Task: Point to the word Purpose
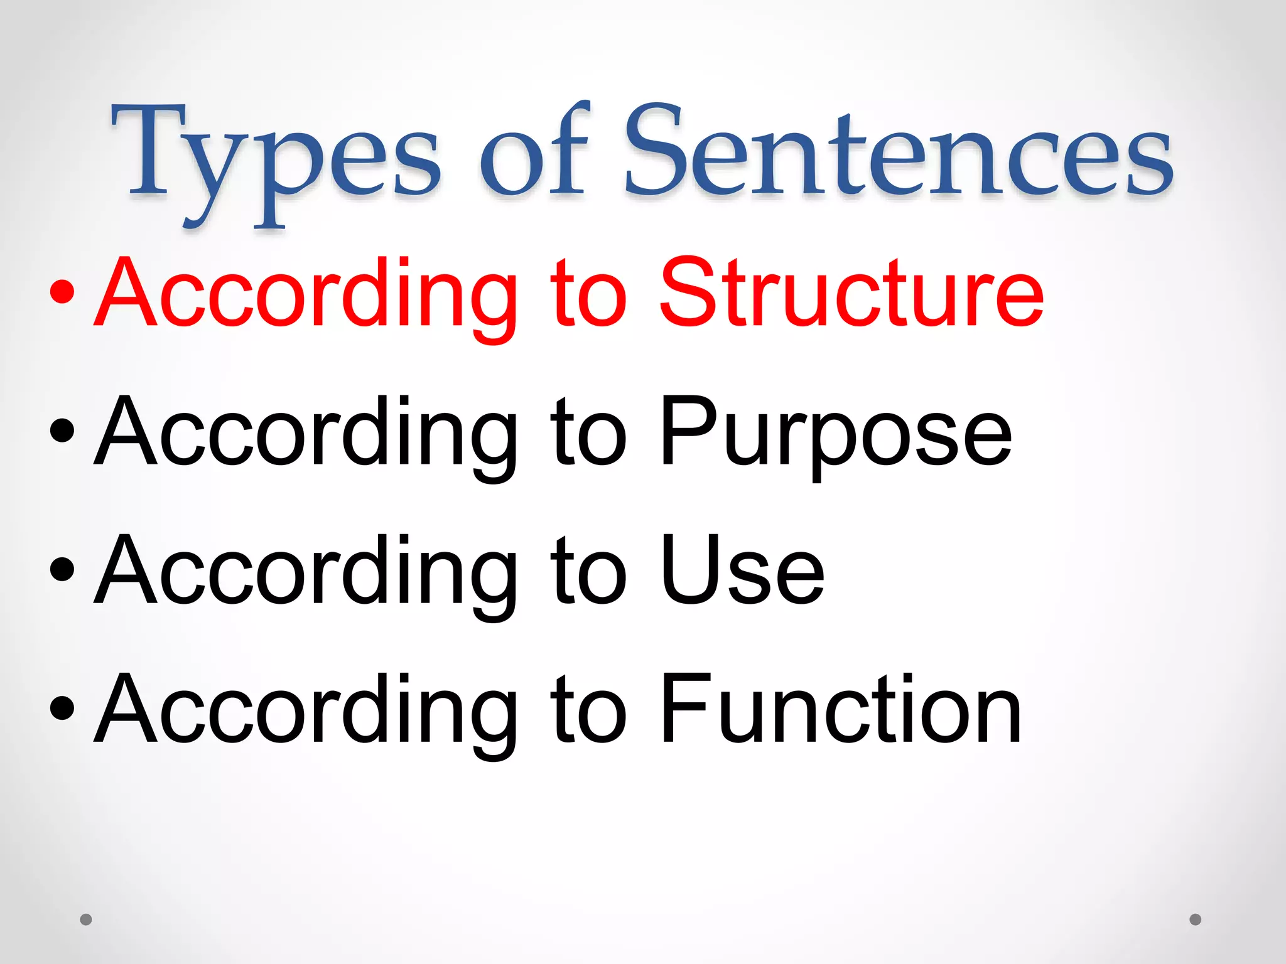click(835, 433)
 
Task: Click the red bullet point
click(63, 292)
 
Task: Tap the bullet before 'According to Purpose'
click(63, 432)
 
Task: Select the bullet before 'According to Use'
click(63, 570)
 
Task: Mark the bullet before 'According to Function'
click(63, 709)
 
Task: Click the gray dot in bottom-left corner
click(86, 919)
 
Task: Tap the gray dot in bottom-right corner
click(1196, 919)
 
